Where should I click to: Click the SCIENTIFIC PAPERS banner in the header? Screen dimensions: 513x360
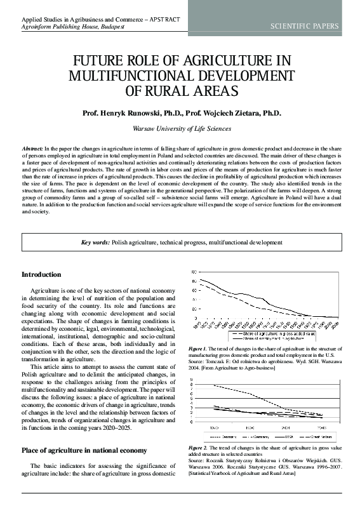coord(305,26)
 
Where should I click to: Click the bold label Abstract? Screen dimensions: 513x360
coord(32,147)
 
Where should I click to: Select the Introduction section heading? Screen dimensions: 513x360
coord(41,274)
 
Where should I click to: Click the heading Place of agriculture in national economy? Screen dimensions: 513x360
coord(84,450)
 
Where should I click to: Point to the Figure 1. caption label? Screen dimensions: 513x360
coord(198,349)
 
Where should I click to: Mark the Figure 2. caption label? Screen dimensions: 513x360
coord(198,448)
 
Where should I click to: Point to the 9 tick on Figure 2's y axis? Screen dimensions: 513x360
coord(193,380)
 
